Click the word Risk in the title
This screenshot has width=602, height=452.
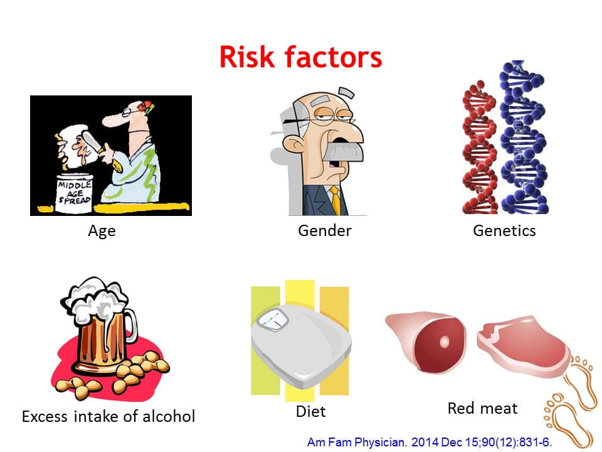pos(247,57)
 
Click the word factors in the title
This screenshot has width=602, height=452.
pos(333,57)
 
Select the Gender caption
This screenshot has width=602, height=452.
pos(325,230)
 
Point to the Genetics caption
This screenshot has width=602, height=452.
pos(504,230)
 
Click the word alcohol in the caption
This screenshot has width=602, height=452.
pos(169,416)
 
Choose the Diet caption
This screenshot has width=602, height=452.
pos(310,411)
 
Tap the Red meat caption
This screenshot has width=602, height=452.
pos(483,408)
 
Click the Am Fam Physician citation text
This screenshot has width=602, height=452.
pos(430,442)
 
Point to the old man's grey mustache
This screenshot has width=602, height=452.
pos(343,152)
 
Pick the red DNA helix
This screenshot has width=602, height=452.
pos(480,148)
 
